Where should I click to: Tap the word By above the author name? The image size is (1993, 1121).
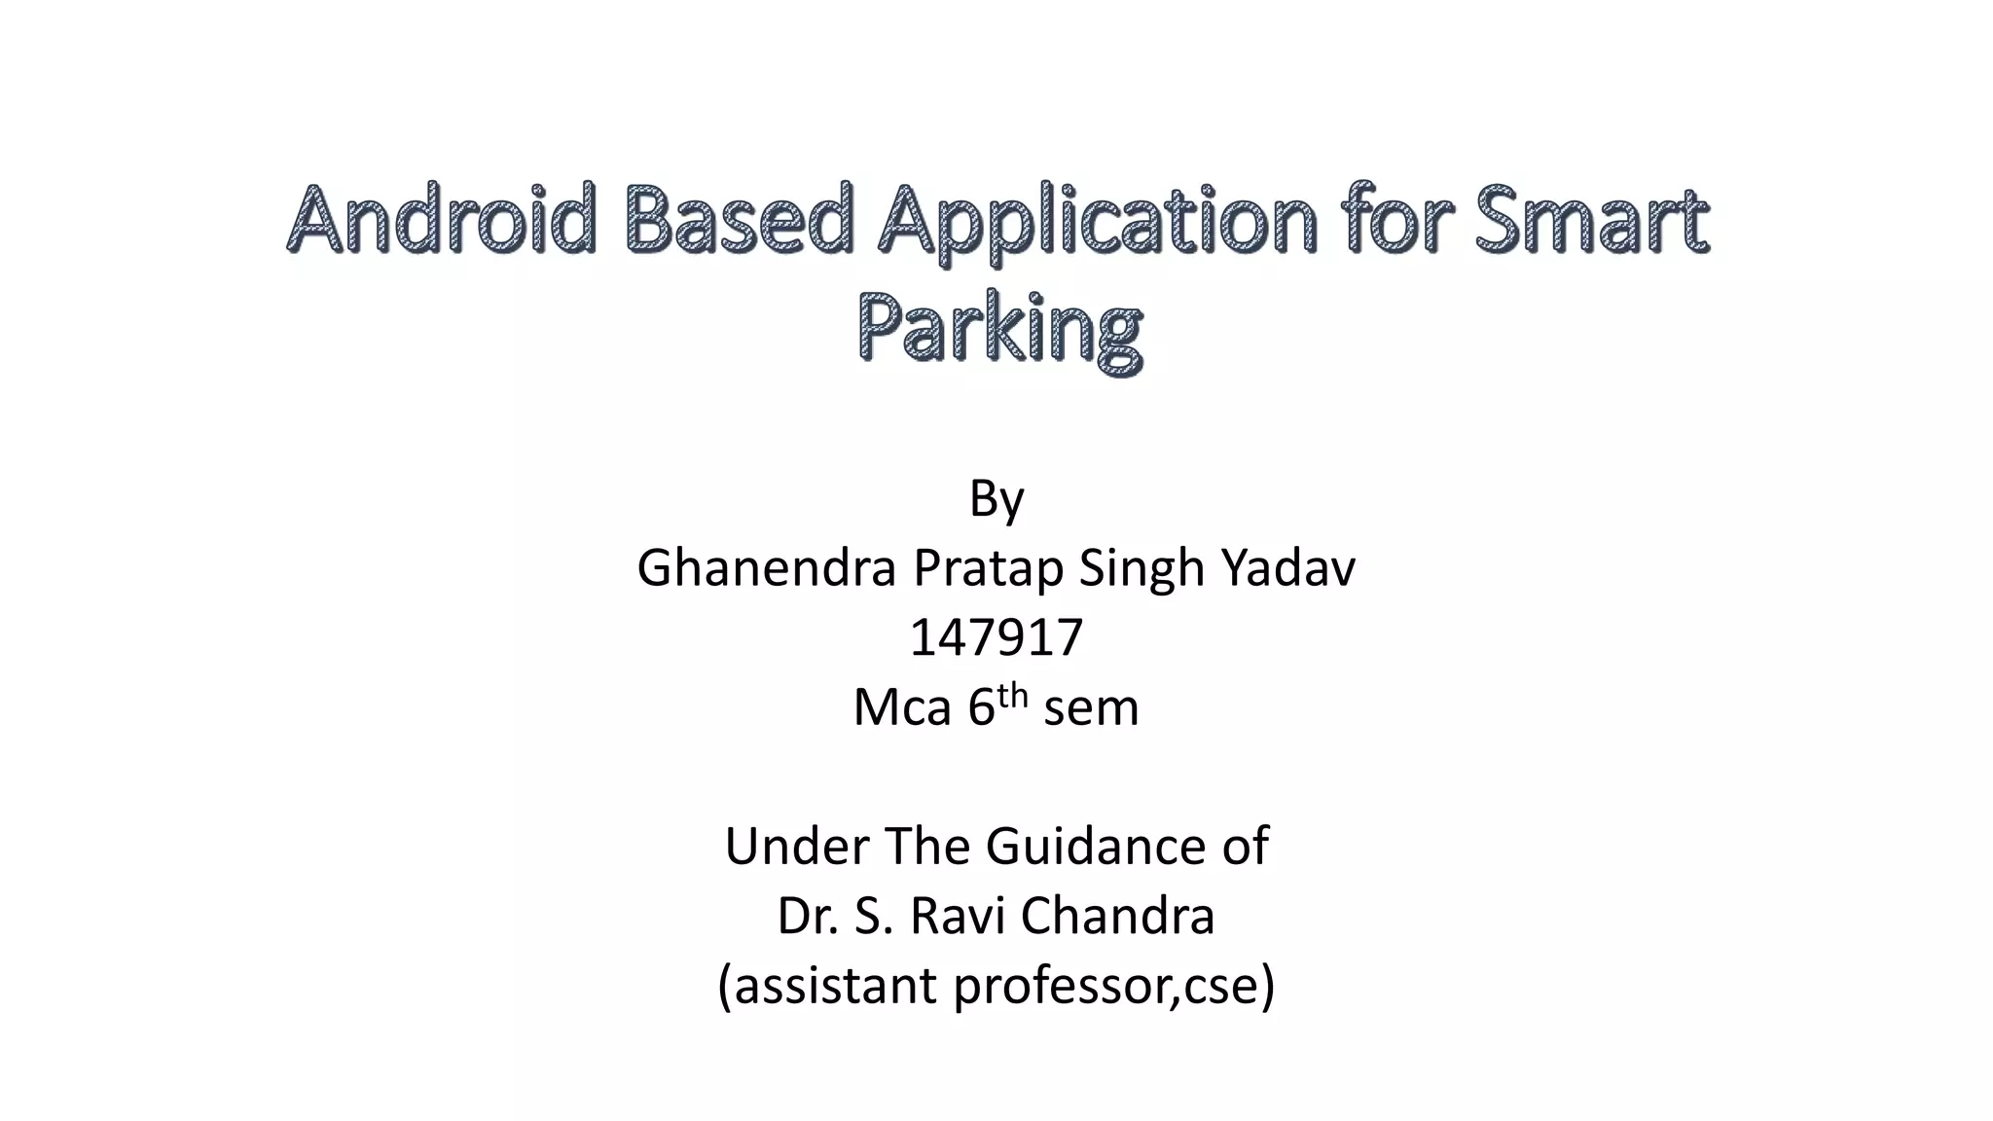(996, 499)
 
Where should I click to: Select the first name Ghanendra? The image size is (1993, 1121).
(766, 568)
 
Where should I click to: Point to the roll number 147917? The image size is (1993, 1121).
(996, 638)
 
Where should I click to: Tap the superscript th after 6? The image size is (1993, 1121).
(1012, 695)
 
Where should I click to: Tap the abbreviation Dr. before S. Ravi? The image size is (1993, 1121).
(808, 916)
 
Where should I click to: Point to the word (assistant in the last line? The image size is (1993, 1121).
(828, 986)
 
